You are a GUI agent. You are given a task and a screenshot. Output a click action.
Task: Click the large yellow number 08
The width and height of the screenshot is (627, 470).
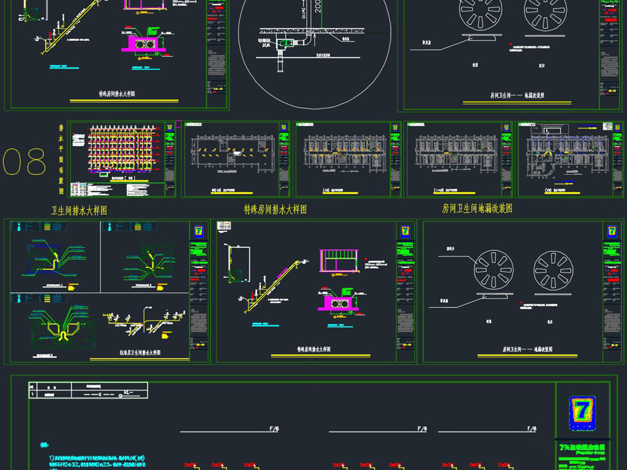coord(24,162)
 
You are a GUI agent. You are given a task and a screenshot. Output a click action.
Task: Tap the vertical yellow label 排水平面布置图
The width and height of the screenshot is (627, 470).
coord(61,159)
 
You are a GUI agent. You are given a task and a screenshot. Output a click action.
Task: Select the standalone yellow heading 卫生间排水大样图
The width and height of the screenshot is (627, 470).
coord(79,211)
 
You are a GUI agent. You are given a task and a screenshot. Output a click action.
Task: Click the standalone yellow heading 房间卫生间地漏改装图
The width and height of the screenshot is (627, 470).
coord(477,209)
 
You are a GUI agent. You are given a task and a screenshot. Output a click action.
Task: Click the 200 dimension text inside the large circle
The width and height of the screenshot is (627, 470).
coord(317,6)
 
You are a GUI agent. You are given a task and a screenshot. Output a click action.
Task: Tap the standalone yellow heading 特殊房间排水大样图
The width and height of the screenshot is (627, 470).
coord(275,209)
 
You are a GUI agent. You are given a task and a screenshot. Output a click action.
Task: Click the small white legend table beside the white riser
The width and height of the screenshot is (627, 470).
coord(225,226)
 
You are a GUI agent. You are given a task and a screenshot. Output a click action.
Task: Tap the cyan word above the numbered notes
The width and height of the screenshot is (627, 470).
coord(43,445)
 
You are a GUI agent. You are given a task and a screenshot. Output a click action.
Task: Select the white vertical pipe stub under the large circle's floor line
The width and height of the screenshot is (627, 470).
coord(281,61)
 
